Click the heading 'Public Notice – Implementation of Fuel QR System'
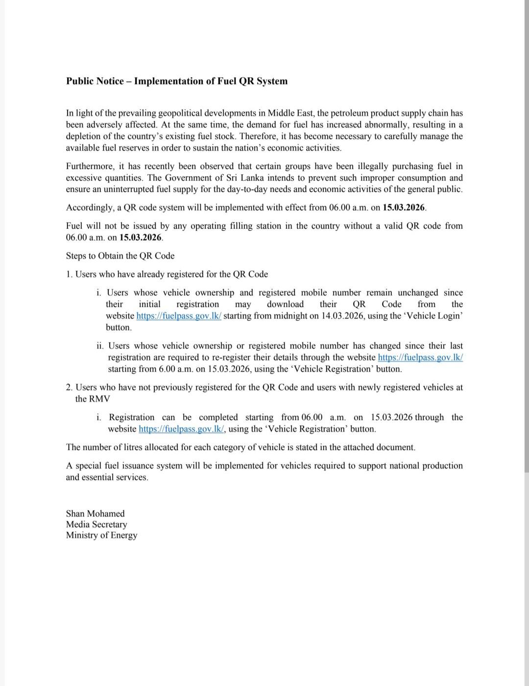tap(177, 81)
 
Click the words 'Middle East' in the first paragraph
tap(291, 113)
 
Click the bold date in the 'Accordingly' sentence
tap(404, 208)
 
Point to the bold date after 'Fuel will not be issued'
tap(141, 237)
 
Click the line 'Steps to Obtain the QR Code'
tap(120, 256)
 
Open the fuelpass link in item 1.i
tap(179, 316)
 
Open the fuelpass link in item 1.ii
tap(420, 357)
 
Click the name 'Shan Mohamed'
tap(95, 514)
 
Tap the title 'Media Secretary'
tap(96, 524)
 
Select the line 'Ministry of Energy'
tap(101, 535)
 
